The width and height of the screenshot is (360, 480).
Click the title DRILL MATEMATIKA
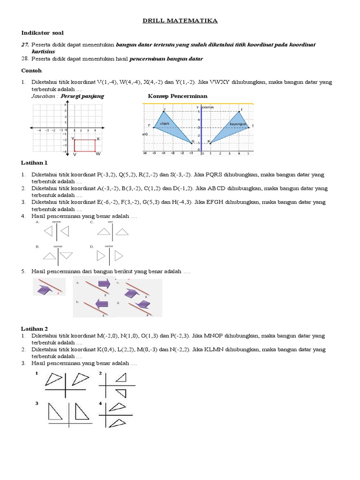(x=180, y=21)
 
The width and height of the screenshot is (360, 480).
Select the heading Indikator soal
(x=43, y=33)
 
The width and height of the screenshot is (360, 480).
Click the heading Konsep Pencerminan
(x=178, y=96)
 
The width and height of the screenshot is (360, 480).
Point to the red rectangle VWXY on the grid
(x=85, y=145)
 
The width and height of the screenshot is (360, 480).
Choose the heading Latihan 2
(x=34, y=329)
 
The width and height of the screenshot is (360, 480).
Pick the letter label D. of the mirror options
(x=92, y=246)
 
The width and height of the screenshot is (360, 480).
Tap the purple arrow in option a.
(x=104, y=283)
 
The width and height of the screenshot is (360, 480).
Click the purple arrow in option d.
(x=142, y=305)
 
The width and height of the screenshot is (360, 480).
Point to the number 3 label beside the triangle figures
(x=37, y=402)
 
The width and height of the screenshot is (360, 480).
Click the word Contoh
(x=31, y=70)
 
